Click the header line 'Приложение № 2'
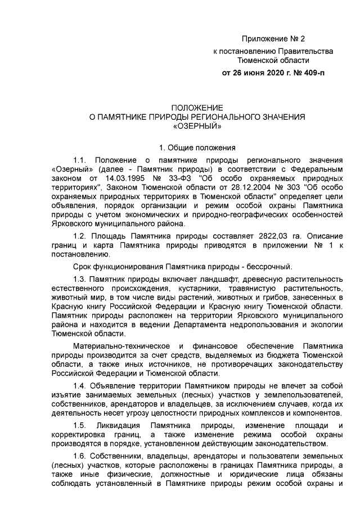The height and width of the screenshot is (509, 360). point(273,39)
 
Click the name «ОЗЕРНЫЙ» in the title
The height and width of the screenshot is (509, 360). point(197,127)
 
